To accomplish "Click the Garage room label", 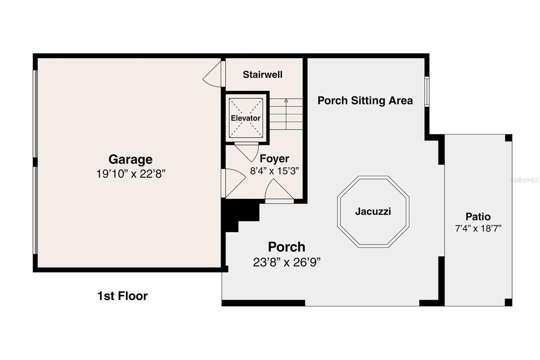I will [130, 160].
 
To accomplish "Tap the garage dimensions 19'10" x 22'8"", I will [130, 174].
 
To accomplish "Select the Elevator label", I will [246, 118].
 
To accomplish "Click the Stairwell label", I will [262, 75].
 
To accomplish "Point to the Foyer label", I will [274, 159].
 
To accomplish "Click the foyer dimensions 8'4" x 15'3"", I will [274, 171].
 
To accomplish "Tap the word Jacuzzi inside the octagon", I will [373, 211].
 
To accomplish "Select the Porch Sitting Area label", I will [365, 100].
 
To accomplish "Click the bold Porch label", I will [286, 246].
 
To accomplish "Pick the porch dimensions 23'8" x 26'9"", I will [287, 262].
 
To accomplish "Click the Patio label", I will [478, 217].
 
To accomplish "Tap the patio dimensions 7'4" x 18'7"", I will [478, 228].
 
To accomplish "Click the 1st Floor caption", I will [122, 296].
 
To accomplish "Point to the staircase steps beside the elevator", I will [286, 114].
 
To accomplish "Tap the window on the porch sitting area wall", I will [427, 91].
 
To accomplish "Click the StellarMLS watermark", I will [524, 180].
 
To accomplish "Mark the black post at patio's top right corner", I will [508, 138].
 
